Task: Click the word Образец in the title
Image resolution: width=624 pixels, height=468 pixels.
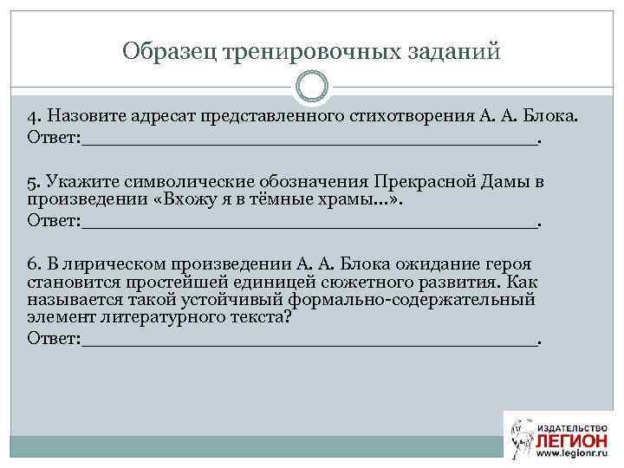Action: pos(169,52)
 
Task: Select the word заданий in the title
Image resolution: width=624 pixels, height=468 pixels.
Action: pos(456,52)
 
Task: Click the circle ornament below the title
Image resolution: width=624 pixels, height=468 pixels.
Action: pos(312,88)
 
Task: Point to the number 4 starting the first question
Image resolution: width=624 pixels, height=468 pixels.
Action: pos(32,117)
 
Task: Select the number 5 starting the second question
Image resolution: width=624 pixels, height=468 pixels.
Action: pos(32,183)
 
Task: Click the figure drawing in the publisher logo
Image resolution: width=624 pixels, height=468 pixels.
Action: pos(521,438)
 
